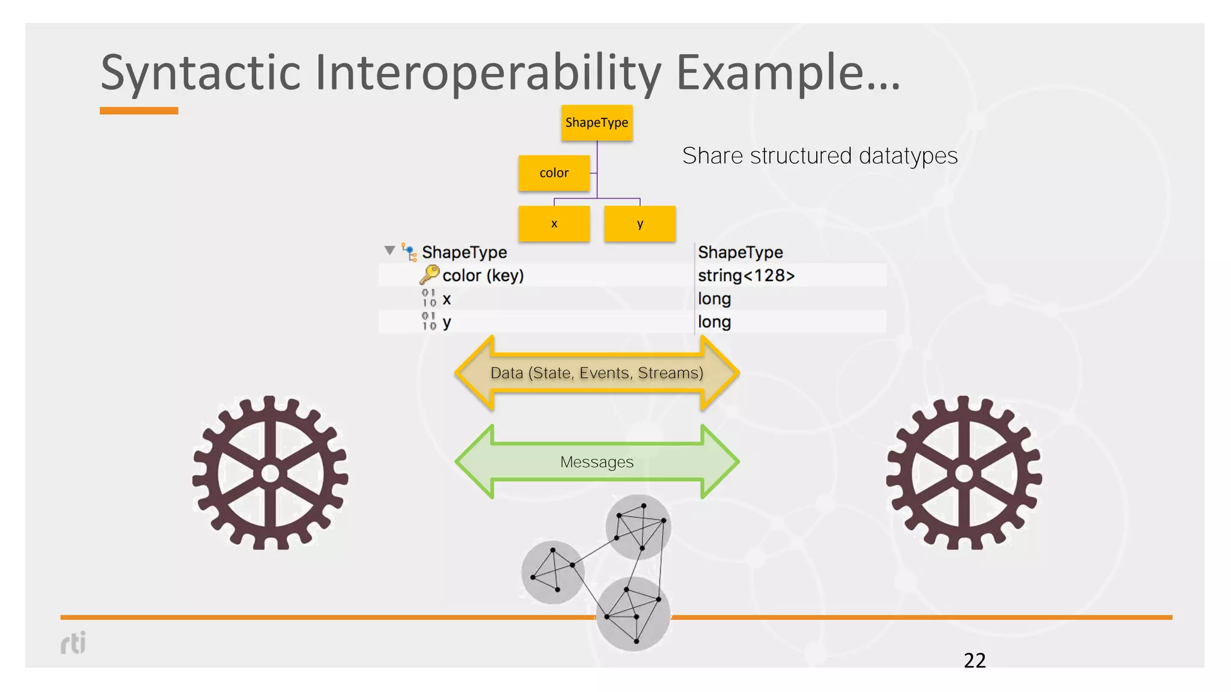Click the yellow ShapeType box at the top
click(596, 123)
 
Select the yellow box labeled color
click(554, 173)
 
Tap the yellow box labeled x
click(554, 223)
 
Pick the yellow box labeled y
click(640, 223)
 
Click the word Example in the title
click(775, 73)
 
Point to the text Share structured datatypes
click(819, 156)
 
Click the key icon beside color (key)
click(429, 275)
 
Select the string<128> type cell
click(746, 275)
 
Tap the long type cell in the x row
click(714, 299)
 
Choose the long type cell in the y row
click(714, 322)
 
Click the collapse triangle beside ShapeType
click(389, 250)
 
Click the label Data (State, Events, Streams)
click(596, 373)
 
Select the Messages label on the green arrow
click(596, 462)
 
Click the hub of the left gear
click(270, 473)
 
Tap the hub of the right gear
click(964, 473)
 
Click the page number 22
click(974, 660)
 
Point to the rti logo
click(73, 643)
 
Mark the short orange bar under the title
click(139, 111)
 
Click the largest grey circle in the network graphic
click(633, 614)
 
